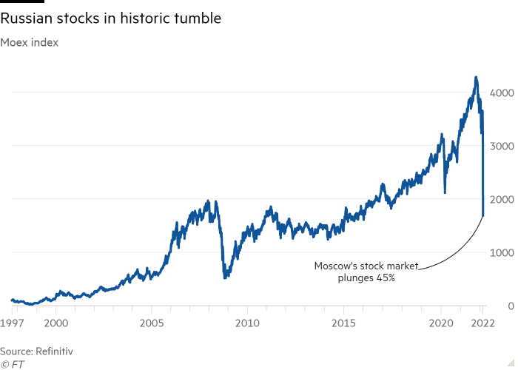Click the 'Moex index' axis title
30,42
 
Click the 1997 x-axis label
11,323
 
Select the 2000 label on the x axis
56,323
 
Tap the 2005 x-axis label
152,323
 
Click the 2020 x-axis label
441,323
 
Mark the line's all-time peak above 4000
476,77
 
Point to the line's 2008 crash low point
226,277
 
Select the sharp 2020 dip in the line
445,193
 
